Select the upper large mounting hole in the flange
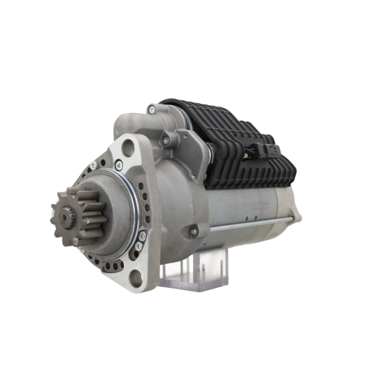(x=128, y=148)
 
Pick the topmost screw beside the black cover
(x=152, y=109)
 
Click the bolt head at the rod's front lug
(x=194, y=232)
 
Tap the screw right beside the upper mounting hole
(x=118, y=165)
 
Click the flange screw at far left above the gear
(x=93, y=165)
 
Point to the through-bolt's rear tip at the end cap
(x=293, y=219)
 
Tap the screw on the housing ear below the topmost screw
(x=166, y=141)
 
